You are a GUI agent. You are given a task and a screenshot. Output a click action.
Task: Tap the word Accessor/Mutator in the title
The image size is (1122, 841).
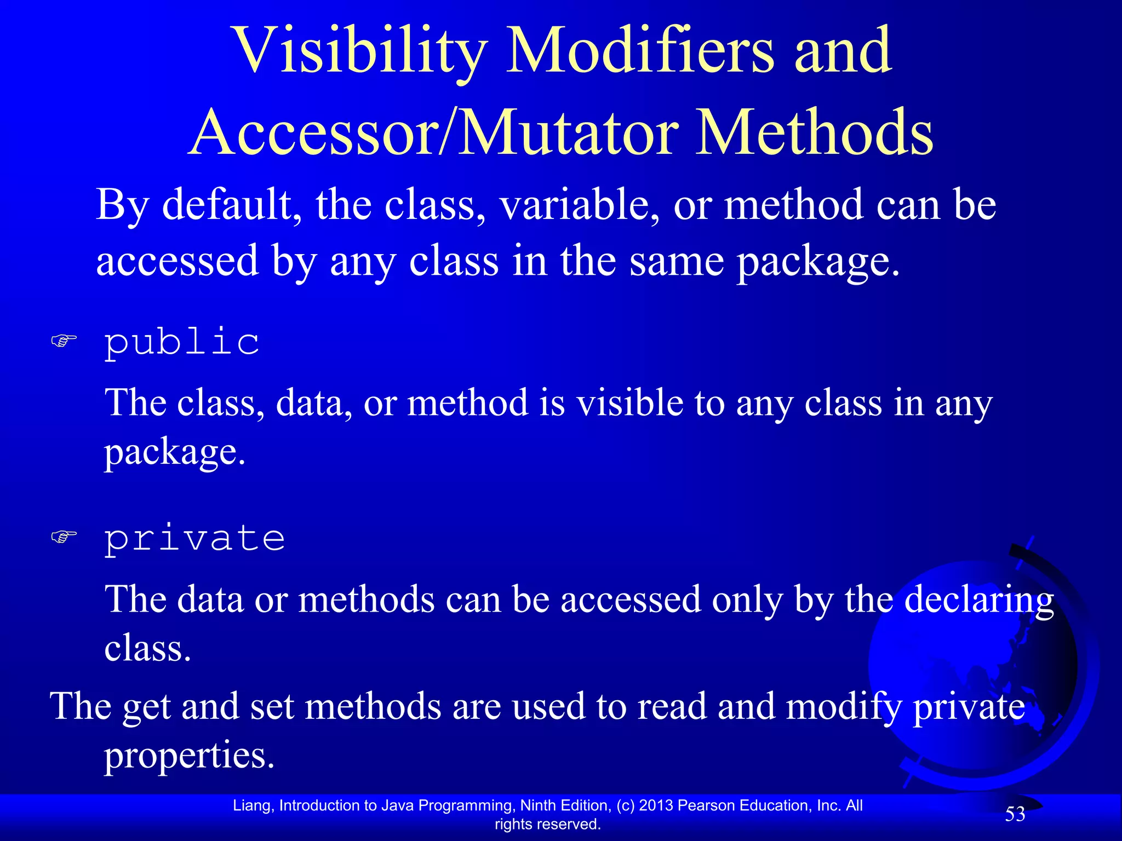tap(436, 133)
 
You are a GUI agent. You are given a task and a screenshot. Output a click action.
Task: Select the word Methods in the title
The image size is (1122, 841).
tap(814, 133)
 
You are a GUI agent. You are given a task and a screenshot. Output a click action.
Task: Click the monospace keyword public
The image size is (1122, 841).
tap(182, 342)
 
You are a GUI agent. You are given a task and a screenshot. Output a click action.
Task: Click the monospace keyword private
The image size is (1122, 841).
tap(194, 538)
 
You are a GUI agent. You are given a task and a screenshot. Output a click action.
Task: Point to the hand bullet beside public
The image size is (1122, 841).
tap(64, 342)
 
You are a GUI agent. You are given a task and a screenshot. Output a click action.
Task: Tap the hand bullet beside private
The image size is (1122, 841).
tap(64, 537)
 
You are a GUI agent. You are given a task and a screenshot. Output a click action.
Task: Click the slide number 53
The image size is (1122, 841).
tap(1015, 814)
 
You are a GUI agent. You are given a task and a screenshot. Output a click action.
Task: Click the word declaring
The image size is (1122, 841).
tap(978, 600)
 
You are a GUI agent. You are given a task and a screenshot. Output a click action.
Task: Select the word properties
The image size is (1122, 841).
tap(189, 756)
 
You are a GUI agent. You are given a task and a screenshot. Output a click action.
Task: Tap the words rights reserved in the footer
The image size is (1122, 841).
tap(547, 824)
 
